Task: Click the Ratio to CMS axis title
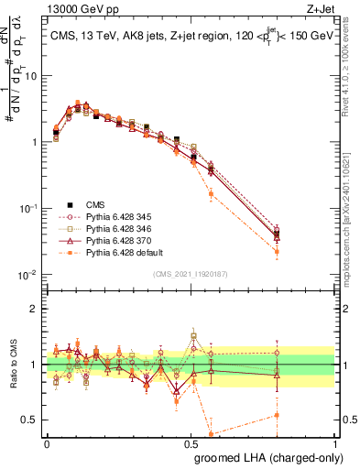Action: (12, 365)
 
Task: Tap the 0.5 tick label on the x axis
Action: (192, 443)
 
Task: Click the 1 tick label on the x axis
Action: (334, 443)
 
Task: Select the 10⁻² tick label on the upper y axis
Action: (28, 275)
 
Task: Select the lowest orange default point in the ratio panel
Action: (212, 434)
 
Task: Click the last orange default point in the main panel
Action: (277, 251)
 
